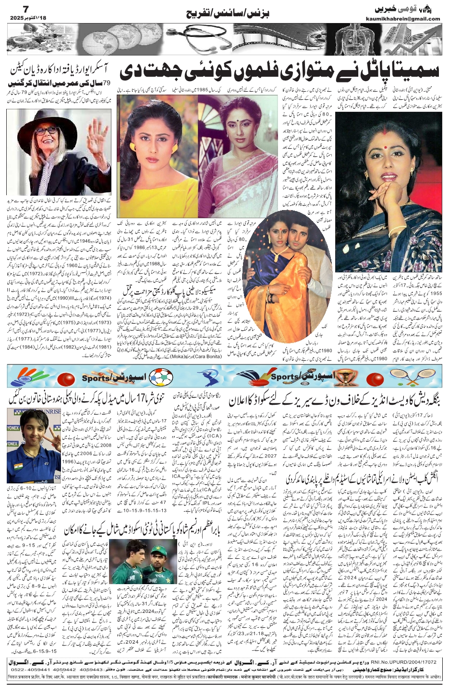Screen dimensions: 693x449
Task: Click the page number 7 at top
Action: (13, 9)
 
